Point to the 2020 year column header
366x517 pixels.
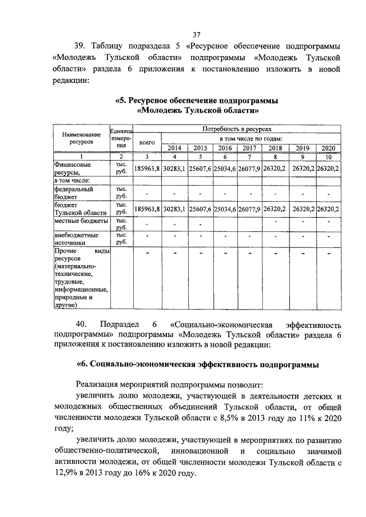click(328, 148)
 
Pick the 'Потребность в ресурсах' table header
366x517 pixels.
click(240, 130)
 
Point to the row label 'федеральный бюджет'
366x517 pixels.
click(73, 191)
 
